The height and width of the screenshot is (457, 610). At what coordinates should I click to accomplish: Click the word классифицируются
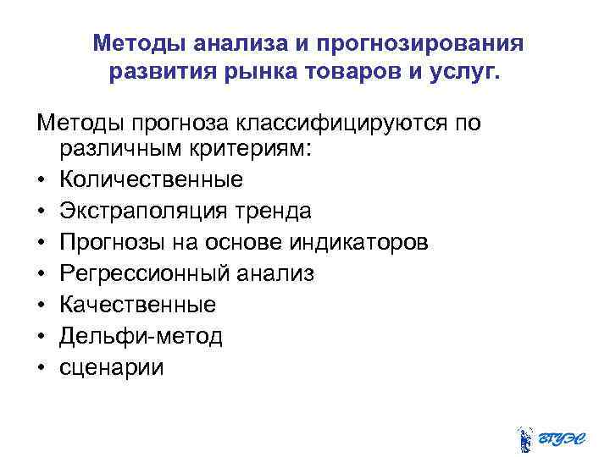pyautogui.click(x=347, y=124)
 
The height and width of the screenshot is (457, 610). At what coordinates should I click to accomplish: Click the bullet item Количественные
pyautogui.click(x=152, y=180)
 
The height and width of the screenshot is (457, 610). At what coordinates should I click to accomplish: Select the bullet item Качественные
pyautogui.click(x=137, y=305)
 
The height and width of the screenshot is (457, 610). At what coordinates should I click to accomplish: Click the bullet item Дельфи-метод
pyautogui.click(x=141, y=336)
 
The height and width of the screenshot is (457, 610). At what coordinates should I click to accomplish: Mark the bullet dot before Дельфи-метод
pyautogui.click(x=41, y=337)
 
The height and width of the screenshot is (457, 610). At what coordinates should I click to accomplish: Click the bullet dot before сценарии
pyautogui.click(x=41, y=368)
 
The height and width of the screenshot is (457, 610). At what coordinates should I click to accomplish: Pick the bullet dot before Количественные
pyautogui.click(x=41, y=180)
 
